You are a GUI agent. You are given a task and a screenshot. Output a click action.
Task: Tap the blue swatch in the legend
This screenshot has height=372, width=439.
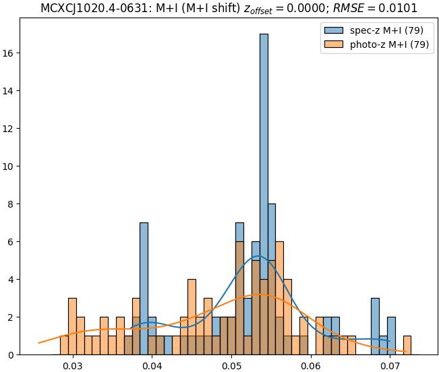click(334, 30)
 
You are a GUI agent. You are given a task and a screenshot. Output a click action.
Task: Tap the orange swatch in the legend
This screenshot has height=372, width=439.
click(334, 44)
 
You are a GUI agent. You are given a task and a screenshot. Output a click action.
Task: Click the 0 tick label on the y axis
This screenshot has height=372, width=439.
click(13, 354)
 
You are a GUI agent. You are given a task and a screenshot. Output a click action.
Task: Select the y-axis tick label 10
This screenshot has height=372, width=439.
click(10, 166)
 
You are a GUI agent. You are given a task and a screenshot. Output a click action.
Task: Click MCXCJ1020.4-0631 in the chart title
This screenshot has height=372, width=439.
click(89, 8)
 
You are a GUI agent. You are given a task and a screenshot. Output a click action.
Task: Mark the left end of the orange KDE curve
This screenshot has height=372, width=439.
click(39, 343)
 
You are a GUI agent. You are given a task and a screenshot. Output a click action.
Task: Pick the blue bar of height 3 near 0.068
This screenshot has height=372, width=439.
click(375, 326)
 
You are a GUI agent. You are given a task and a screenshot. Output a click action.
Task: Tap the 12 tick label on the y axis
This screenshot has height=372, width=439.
click(10, 129)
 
